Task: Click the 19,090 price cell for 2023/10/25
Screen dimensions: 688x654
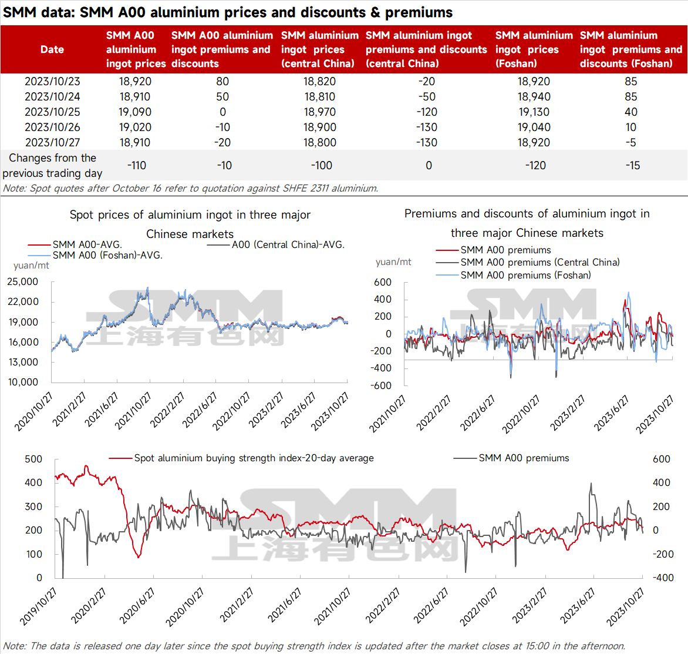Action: coord(134,112)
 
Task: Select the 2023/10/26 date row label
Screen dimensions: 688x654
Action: coord(52,128)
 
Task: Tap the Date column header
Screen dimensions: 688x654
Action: coord(52,49)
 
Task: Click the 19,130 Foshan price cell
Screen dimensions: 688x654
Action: coord(534,112)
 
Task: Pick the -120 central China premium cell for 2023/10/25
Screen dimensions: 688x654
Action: coord(427,112)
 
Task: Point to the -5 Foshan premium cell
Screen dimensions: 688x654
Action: coord(631,143)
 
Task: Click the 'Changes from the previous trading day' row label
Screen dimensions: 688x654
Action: coord(52,166)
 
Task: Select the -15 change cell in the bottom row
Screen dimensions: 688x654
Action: coord(633,166)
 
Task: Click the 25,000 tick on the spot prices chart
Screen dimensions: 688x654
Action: coord(22,281)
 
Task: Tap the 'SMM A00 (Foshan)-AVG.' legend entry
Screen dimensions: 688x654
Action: coord(95,255)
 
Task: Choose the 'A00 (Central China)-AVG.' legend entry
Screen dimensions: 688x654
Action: coord(275,244)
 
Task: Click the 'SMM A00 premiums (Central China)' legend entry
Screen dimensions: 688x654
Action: coord(527,262)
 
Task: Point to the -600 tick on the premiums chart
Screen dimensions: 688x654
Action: coord(381,385)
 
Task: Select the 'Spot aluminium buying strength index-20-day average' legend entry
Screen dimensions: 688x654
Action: coord(241,458)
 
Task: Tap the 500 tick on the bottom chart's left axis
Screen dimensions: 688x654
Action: coord(33,459)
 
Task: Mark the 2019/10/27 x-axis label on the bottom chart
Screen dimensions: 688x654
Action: coord(38,606)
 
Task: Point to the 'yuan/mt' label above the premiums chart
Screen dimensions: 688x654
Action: coord(393,262)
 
